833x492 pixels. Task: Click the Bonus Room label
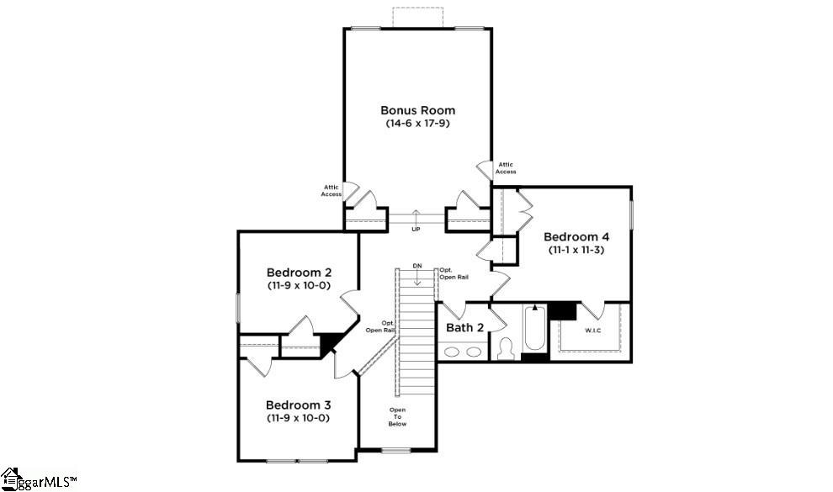417,110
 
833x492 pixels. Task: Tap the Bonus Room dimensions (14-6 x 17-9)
417,124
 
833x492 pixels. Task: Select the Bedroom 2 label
299,272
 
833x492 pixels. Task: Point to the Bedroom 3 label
299,405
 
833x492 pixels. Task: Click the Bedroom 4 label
576,236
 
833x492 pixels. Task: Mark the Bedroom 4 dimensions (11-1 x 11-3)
576,250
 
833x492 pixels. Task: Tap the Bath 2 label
464,327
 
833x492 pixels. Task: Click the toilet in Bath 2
506,349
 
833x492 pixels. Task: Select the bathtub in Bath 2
534,332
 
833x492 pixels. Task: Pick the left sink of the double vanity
452,352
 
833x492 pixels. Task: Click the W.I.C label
593,331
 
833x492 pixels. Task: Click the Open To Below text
397,417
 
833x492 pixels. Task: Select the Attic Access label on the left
331,191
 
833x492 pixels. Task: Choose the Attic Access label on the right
506,168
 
